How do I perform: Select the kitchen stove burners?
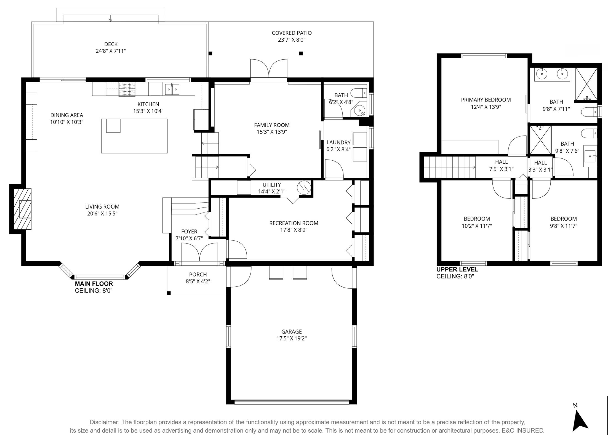pos(127,89)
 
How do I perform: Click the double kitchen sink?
pos(172,89)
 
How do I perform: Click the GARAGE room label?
pos(292,331)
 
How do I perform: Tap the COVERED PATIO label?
pos(292,33)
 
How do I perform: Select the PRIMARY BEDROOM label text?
pos(486,100)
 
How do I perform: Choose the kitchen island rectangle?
pos(134,136)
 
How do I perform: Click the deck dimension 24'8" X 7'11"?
pos(111,51)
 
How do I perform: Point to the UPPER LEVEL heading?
pos(457,270)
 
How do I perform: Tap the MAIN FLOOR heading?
pos(94,284)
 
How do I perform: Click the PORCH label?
pos(198,274)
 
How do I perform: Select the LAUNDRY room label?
pos(338,142)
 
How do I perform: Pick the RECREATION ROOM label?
pos(294,223)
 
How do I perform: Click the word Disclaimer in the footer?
pos(104,422)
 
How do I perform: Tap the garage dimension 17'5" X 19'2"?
pos(292,338)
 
